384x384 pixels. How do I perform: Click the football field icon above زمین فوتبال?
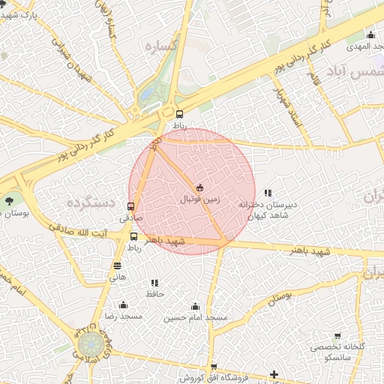point(199,187)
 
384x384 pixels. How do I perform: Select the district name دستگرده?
point(88,202)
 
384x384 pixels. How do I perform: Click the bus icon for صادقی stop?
point(132,206)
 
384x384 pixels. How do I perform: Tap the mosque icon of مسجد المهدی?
point(370,34)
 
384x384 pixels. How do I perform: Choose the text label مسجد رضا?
point(123,317)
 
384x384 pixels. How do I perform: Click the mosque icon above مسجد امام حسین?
point(195,306)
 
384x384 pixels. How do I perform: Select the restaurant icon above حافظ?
point(154,283)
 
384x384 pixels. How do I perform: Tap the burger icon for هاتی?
point(117,265)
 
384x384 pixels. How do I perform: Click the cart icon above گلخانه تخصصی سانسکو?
point(337,335)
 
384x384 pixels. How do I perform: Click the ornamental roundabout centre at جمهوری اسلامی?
point(91,346)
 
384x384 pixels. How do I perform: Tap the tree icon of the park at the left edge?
point(9,200)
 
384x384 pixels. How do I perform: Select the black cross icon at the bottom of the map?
point(274,374)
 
